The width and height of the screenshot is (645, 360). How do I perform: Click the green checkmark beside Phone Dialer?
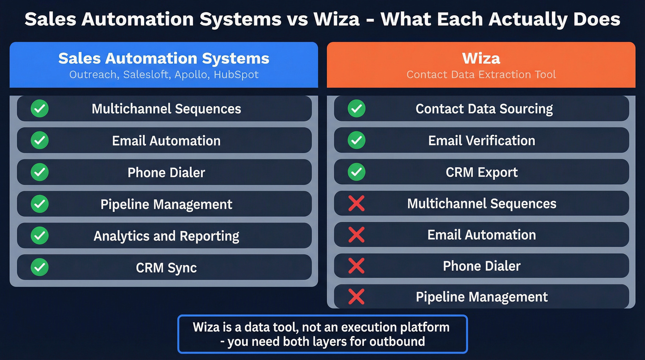(x=40, y=172)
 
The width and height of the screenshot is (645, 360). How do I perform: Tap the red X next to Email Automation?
(x=357, y=235)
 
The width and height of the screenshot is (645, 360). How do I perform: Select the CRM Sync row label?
(x=166, y=268)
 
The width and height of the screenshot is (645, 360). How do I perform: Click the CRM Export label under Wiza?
(x=481, y=172)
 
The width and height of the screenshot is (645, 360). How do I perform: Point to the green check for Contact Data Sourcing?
(x=357, y=109)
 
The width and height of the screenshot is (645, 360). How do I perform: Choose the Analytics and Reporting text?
(x=166, y=236)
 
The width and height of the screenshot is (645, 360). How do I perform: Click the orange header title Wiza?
(x=481, y=59)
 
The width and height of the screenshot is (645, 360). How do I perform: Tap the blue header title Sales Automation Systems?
(x=164, y=59)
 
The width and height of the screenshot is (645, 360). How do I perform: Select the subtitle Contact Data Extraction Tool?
(x=481, y=74)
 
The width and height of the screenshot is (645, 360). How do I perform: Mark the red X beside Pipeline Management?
(x=357, y=297)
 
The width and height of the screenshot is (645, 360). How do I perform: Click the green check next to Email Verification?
(x=357, y=141)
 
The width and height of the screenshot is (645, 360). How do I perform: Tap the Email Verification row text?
(x=481, y=141)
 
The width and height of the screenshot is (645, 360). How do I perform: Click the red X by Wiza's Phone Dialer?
(x=357, y=266)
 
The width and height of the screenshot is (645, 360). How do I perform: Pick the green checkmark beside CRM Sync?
(x=40, y=268)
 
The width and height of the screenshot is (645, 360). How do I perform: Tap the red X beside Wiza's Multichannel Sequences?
(x=357, y=204)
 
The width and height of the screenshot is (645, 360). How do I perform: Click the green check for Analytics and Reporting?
(x=40, y=236)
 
